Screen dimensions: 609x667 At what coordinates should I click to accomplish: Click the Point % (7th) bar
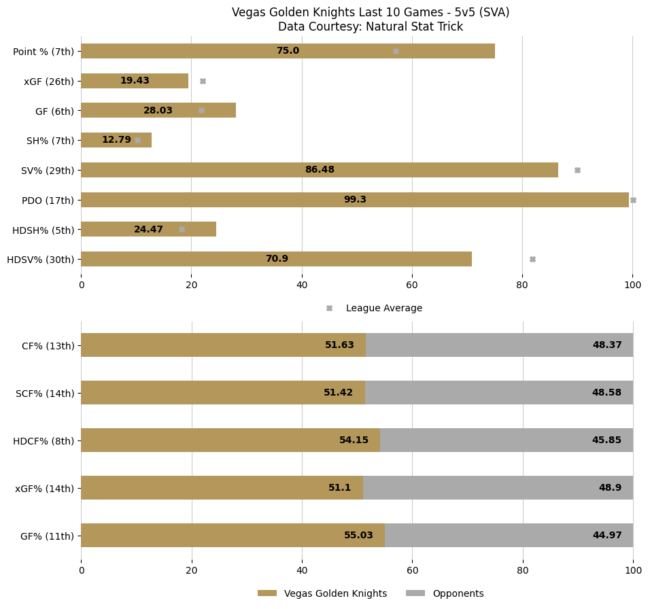(x=204, y=51)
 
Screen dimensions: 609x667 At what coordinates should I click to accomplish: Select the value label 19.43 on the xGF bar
(x=135, y=81)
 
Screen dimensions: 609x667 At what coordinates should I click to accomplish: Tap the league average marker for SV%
(x=577, y=170)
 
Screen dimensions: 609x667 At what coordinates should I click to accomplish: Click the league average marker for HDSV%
(x=532, y=259)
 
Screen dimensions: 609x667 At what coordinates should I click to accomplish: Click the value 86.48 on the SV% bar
(x=320, y=170)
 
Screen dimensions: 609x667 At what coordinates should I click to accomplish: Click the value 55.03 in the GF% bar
(x=358, y=536)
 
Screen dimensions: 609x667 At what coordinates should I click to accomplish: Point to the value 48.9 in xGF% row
(x=610, y=488)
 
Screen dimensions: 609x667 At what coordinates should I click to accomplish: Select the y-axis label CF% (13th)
(x=48, y=345)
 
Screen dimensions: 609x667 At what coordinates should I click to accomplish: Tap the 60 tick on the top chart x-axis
(x=412, y=285)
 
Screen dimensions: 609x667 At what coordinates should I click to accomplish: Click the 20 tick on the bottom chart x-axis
(x=192, y=571)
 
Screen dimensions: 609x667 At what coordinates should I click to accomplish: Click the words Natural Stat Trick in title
(x=416, y=27)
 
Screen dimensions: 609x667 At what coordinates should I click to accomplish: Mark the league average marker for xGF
(x=203, y=81)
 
